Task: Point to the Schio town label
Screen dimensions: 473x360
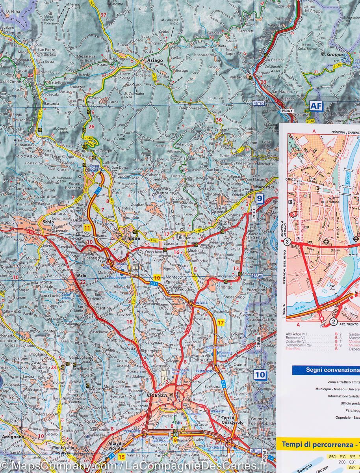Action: point(48,222)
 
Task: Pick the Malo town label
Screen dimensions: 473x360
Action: point(82,276)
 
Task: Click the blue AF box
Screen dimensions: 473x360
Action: point(316,106)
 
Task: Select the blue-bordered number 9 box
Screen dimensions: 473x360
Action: point(259,198)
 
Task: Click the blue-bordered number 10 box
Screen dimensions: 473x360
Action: point(260,374)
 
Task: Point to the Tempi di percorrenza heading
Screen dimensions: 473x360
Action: point(317,444)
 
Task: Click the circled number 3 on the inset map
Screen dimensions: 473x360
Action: point(288,242)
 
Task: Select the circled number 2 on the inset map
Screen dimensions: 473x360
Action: point(333,322)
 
